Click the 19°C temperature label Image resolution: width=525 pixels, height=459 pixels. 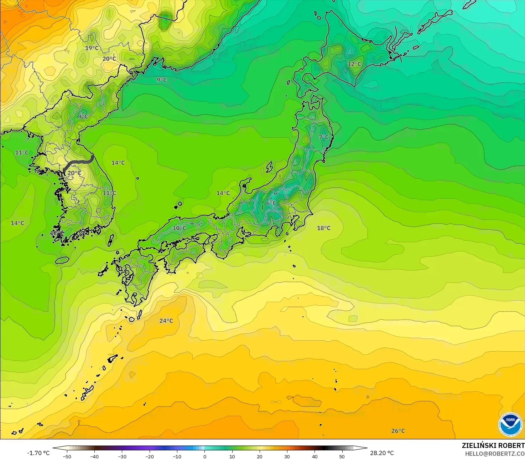pos(92,48)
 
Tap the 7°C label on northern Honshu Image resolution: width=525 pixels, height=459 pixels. pos(323,137)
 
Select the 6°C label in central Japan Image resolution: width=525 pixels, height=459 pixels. pos(271,203)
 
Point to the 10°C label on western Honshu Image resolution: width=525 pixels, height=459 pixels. pos(180,228)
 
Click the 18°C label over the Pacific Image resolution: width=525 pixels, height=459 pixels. pos(323,228)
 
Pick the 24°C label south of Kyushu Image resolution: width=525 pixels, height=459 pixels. pos(166,321)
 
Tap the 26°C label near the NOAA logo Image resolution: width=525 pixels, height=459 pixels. pos(398,431)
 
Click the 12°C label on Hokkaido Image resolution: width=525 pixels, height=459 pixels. pos(354,64)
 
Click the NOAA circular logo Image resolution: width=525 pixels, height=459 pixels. pos(510,424)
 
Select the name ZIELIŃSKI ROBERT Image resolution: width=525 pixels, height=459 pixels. pos(493,445)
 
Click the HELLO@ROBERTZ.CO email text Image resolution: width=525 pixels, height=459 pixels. pos(495,454)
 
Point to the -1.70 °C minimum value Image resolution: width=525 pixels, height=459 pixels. pos(38,453)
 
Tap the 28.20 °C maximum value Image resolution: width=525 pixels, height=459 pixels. pos(382,453)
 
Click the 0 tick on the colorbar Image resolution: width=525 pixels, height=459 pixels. pos(204,456)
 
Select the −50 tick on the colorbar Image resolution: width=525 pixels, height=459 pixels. pos(67,456)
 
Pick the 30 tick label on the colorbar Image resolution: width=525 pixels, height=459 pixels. pos(287,456)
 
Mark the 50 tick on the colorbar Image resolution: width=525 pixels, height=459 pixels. pos(342,456)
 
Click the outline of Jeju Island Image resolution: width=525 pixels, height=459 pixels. pos(62,260)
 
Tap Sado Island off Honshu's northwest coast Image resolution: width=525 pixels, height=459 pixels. pos(269,167)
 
